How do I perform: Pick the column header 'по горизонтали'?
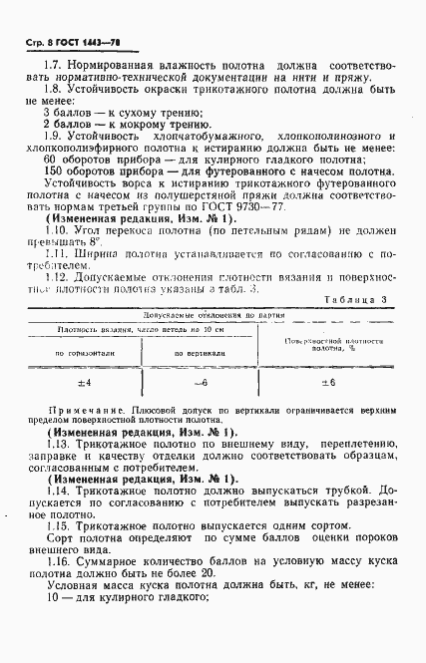coord(83,381)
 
